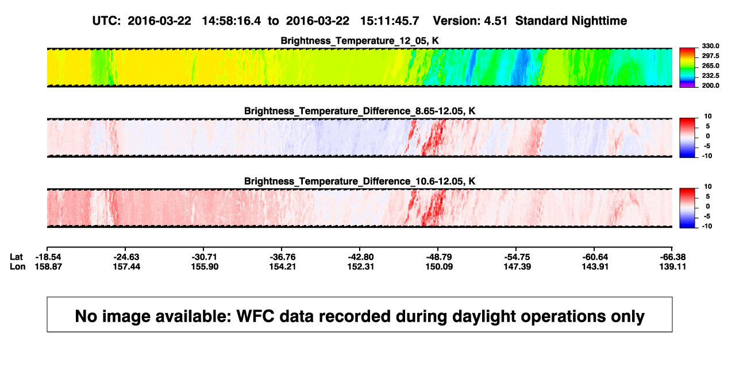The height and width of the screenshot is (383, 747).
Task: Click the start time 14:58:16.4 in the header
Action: pyautogui.click(x=231, y=21)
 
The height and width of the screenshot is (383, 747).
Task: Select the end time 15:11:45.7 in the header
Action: pyautogui.click(x=390, y=21)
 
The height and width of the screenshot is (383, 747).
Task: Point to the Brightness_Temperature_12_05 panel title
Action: pyautogui.click(x=360, y=41)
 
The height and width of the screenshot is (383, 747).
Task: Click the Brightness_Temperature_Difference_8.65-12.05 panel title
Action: pyautogui.click(x=360, y=111)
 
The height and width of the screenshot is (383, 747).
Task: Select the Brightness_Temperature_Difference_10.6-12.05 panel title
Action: pyautogui.click(x=360, y=181)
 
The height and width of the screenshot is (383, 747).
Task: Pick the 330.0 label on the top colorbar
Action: pyautogui.click(x=710, y=46)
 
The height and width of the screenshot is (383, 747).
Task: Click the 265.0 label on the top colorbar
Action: pyautogui.click(x=710, y=65)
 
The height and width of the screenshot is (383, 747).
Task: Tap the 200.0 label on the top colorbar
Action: pyautogui.click(x=710, y=86)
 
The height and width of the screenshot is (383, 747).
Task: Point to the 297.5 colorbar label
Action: pyautogui.click(x=710, y=56)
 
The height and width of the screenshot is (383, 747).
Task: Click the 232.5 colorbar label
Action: pyautogui.click(x=710, y=76)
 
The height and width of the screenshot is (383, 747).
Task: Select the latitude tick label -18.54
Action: pyautogui.click(x=48, y=257)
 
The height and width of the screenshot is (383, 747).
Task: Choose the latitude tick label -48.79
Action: pyautogui.click(x=439, y=257)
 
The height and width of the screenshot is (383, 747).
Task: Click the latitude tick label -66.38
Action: pyautogui.click(x=673, y=257)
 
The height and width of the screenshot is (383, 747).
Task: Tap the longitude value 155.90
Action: pyautogui.click(x=205, y=266)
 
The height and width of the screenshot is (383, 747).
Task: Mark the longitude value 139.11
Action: pyautogui.click(x=673, y=266)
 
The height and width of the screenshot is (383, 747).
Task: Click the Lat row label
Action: pyautogui.click(x=16, y=257)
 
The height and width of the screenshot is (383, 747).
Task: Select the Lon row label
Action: pyautogui.click(x=18, y=266)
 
